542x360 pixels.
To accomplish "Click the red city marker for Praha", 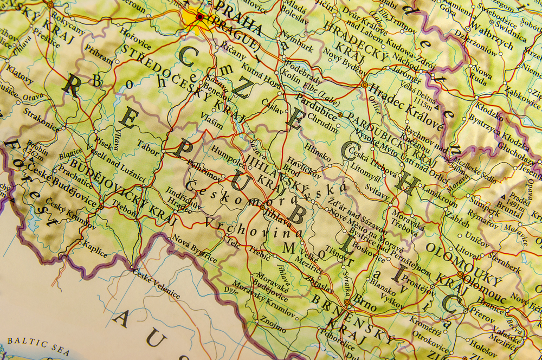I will click(x=199, y=17).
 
